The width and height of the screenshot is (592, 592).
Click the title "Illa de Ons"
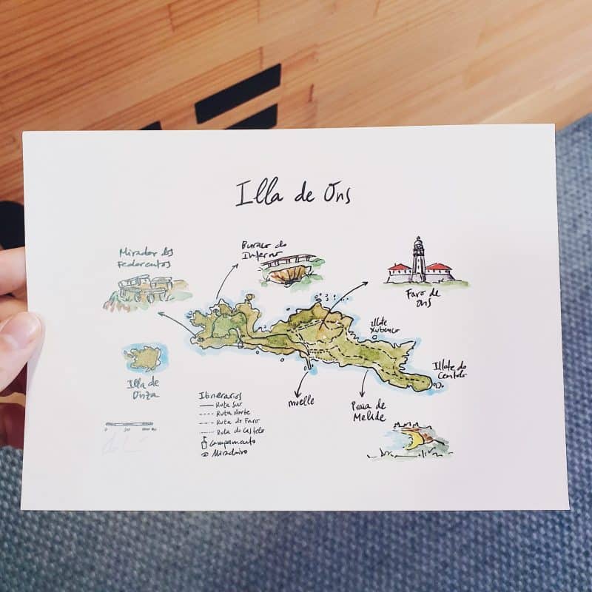(293, 192)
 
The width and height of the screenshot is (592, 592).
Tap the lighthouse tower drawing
(419, 259)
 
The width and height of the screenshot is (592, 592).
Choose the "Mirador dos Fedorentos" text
(144, 258)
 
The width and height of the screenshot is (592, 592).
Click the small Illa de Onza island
(144, 358)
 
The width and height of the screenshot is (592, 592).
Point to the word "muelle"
(301, 401)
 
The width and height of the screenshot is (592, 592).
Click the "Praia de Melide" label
(369, 411)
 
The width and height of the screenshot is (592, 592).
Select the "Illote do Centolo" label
(451, 369)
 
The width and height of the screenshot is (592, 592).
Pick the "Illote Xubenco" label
(385, 326)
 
